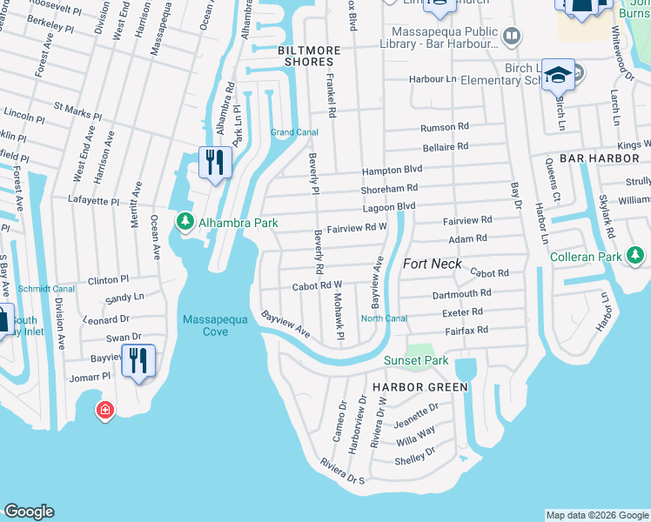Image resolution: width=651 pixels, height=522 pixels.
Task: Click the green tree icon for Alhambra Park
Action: click(185, 223)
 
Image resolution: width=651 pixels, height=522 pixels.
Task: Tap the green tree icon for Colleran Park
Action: click(637, 257)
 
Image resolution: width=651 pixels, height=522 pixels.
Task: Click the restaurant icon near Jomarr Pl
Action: click(138, 360)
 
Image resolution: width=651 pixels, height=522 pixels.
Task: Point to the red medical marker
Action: click(105, 410)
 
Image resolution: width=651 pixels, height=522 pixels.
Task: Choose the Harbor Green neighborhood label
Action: click(420, 387)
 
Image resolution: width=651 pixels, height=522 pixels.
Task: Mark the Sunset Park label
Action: click(417, 361)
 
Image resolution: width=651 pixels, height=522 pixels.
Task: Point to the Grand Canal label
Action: click(293, 132)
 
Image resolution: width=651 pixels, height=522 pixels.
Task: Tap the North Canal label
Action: click(384, 318)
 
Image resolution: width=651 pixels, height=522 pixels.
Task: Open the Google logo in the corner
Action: click(29, 512)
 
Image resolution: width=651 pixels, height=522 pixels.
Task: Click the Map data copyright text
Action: click(596, 515)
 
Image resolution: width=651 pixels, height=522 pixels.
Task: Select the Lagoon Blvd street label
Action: click(389, 206)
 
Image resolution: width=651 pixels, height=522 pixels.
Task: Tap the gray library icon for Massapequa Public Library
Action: click(512, 36)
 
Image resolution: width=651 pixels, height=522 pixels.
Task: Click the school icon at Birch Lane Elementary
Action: click(558, 76)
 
